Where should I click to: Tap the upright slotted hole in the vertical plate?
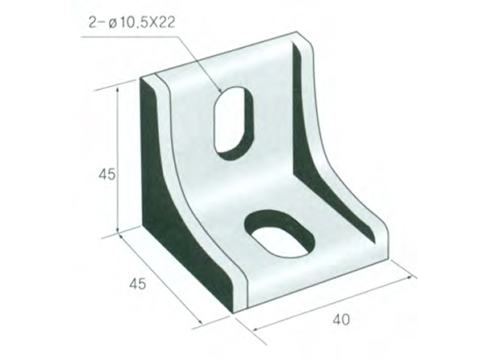(233, 118)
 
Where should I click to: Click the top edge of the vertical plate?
(223, 54)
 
